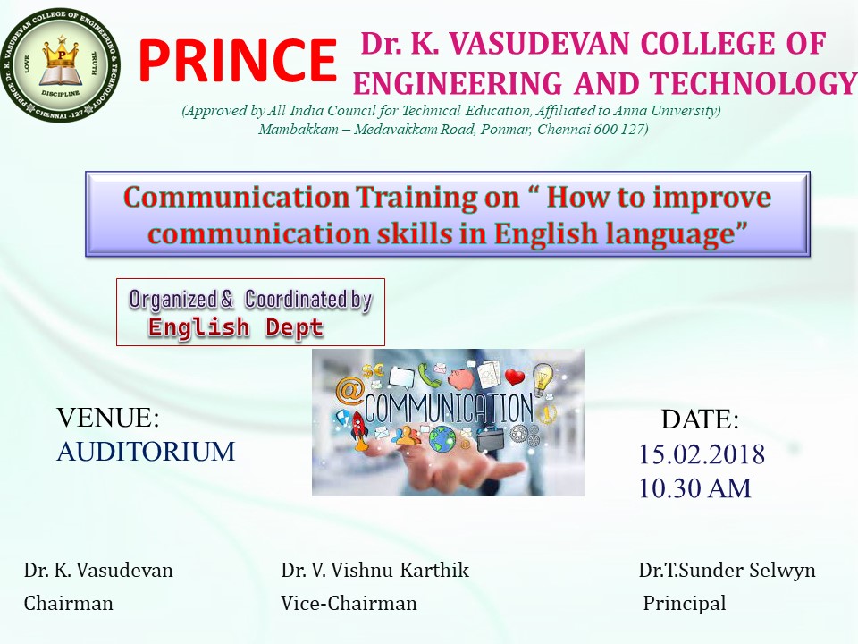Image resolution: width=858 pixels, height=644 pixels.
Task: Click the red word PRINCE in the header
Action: pos(238,60)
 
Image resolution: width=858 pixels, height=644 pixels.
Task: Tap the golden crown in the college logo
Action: pos(62,53)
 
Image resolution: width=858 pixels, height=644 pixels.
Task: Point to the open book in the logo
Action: pos(62,75)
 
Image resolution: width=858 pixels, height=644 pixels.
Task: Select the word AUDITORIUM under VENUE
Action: pos(146,452)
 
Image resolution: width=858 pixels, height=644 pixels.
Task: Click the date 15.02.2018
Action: pos(702,454)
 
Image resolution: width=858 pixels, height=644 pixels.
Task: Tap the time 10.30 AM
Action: pos(695,488)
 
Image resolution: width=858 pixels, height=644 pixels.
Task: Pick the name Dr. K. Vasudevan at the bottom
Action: pos(98,570)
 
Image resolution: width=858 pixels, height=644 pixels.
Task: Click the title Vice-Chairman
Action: pos(349,603)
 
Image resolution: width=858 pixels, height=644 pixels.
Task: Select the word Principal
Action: pos(685,603)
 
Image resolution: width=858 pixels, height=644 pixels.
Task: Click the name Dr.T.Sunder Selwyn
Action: pos(728,570)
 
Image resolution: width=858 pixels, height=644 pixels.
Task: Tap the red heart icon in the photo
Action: pos(515,377)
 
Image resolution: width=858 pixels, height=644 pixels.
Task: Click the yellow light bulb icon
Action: pos(543,377)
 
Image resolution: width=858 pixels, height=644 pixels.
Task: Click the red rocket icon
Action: pos(358,431)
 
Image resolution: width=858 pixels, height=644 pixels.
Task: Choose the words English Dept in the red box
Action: pos(236,327)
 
